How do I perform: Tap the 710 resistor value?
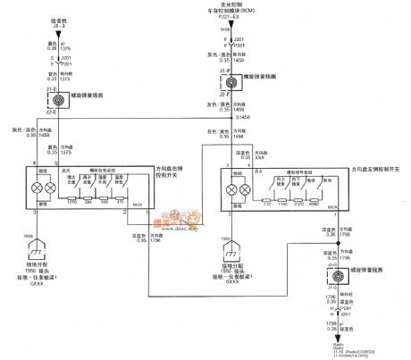(x=268, y=204)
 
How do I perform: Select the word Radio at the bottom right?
(x=337, y=341)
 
